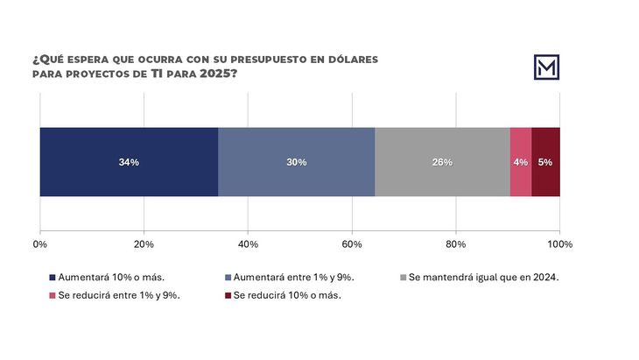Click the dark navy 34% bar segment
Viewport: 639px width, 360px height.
click(x=129, y=162)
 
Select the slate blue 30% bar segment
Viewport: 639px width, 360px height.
click(x=296, y=162)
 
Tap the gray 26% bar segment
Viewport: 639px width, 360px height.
click(x=442, y=162)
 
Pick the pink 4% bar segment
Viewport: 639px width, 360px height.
click(x=521, y=162)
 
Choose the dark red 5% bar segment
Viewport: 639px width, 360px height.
click(x=545, y=162)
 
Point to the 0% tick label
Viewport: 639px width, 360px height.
click(x=39, y=244)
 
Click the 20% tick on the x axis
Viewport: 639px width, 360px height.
click(x=144, y=244)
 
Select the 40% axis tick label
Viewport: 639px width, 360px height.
click(x=248, y=244)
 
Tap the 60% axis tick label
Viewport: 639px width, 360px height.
click(x=352, y=244)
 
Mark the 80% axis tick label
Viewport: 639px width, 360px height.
click(x=456, y=244)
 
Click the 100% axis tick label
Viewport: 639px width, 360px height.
click(x=559, y=244)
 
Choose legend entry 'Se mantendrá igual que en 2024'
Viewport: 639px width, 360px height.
click(x=482, y=278)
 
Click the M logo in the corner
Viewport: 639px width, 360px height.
click(x=547, y=67)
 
